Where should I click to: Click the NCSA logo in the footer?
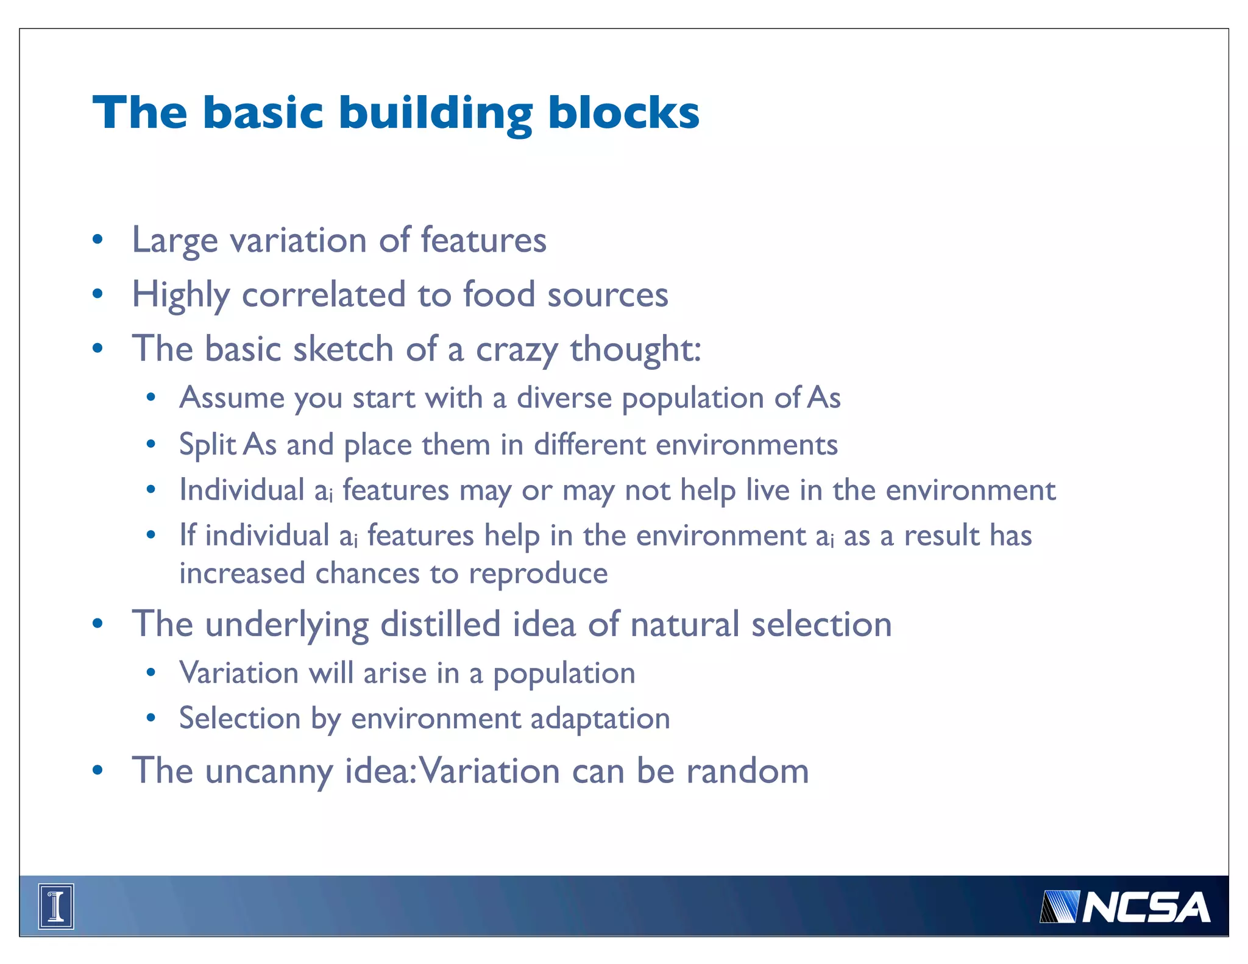click(1124, 907)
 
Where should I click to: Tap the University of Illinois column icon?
click(56, 906)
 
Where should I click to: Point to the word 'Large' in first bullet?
click(175, 241)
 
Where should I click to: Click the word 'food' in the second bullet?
click(498, 294)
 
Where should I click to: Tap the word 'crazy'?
click(516, 350)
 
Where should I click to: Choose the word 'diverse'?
click(564, 398)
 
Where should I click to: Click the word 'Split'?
click(207, 445)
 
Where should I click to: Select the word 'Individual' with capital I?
click(242, 490)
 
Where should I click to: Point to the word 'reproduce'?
click(538, 574)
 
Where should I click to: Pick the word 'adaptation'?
click(600, 718)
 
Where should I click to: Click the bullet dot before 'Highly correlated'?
click(97, 295)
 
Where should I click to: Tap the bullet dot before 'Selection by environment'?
click(151, 718)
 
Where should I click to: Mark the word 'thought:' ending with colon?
click(636, 349)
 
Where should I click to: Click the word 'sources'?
click(608, 295)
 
